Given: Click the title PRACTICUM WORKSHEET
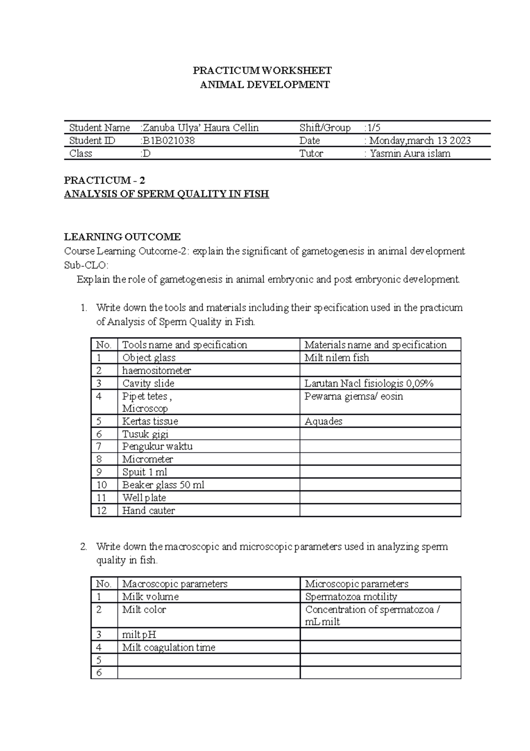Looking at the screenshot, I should (262, 71).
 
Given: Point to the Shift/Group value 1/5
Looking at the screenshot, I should (374, 128).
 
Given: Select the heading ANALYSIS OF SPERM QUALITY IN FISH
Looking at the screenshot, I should (167, 194).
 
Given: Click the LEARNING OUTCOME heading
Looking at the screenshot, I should (122, 237).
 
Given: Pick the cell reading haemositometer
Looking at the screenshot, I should (156, 370).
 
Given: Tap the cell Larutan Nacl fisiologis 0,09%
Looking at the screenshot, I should (369, 383).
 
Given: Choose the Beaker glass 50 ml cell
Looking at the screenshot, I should (163, 485).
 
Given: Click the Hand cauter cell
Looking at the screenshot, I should (148, 510).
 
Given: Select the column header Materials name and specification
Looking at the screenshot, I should (375, 345).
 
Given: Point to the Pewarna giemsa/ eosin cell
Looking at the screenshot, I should (353, 396).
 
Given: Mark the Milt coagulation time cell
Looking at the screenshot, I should (169, 648).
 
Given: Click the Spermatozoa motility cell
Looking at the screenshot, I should (351, 597).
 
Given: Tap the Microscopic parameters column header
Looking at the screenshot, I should (356, 584).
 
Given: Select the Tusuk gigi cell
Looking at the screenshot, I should (145, 434).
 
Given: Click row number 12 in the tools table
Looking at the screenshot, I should (102, 510).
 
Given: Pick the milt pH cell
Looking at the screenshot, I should (139, 635).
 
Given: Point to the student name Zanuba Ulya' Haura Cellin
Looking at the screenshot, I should (200, 128).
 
